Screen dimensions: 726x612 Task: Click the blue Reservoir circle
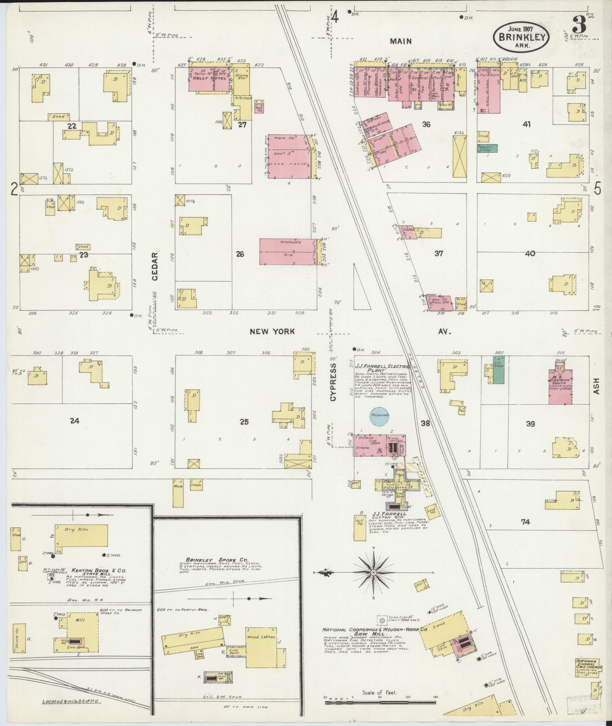pyautogui.click(x=381, y=415)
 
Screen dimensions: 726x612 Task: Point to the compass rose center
pyautogui.click(x=374, y=583)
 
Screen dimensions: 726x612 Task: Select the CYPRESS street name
pyautogui.click(x=333, y=382)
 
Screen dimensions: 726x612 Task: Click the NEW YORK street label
pyautogui.click(x=272, y=332)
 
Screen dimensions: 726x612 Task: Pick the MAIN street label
pyautogui.click(x=401, y=41)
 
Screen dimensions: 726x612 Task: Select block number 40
pyautogui.click(x=530, y=253)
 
